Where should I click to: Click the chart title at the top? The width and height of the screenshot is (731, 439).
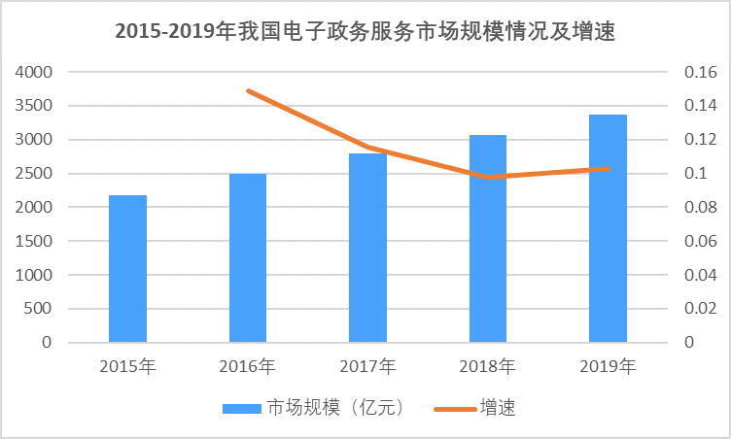(365, 31)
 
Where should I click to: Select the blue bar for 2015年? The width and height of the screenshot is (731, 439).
(127, 269)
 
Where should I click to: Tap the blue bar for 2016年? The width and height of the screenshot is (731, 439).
(248, 258)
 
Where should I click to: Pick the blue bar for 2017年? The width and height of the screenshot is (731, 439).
(367, 248)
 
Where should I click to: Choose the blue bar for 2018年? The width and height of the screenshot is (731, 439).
(488, 239)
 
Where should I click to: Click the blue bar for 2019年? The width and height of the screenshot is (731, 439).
(609, 228)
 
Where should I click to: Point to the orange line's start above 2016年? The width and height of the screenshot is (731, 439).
(248, 91)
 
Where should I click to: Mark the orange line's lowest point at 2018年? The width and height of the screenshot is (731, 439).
(488, 177)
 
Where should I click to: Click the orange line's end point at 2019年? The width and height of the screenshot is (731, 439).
(609, 168)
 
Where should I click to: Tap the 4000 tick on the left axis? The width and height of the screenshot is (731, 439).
(34, 72)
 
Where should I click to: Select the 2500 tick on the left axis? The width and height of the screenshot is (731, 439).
(34, 174)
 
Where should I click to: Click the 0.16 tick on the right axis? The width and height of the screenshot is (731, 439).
(699, 72)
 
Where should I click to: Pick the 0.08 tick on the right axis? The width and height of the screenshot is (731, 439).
(699, 208)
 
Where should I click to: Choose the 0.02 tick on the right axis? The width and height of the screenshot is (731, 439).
(699, 309)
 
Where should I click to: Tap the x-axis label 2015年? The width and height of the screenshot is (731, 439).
(127, 367)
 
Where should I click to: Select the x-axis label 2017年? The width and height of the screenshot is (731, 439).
(367, 367)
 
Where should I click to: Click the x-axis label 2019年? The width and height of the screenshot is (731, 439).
(609, 367)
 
